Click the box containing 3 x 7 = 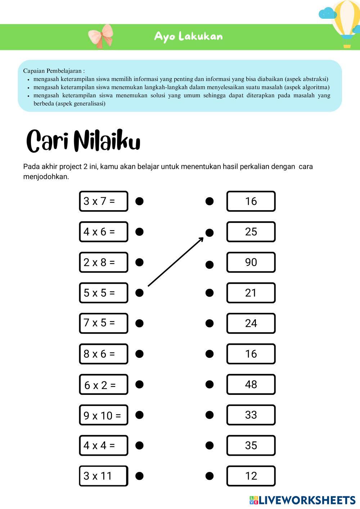(x=103, y=201)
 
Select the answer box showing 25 (x=251, y=232)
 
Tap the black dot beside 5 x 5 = (x=139, y=293)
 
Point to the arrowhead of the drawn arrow (x=201, y=239)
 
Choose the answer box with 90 (x=251, y=262)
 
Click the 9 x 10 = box (x=103, y=415)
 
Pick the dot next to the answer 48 (x=209, y=384)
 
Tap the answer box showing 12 (x=251, y=476)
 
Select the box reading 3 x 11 (x=103, y=476)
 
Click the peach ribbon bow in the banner (x=101, y=36)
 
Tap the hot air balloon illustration (x=346, y=23)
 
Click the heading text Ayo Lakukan (x=188, y=37)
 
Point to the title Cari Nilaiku (x=83, y=141)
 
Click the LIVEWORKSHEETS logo (x=302, y=500)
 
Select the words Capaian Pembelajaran (x=52, y=71)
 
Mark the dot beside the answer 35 (x=209, y=446)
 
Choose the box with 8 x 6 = (x=103, y=354)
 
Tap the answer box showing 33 (x=251, y=415)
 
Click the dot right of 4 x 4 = (x=139, y=446)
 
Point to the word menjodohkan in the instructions (x=46, y=177)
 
